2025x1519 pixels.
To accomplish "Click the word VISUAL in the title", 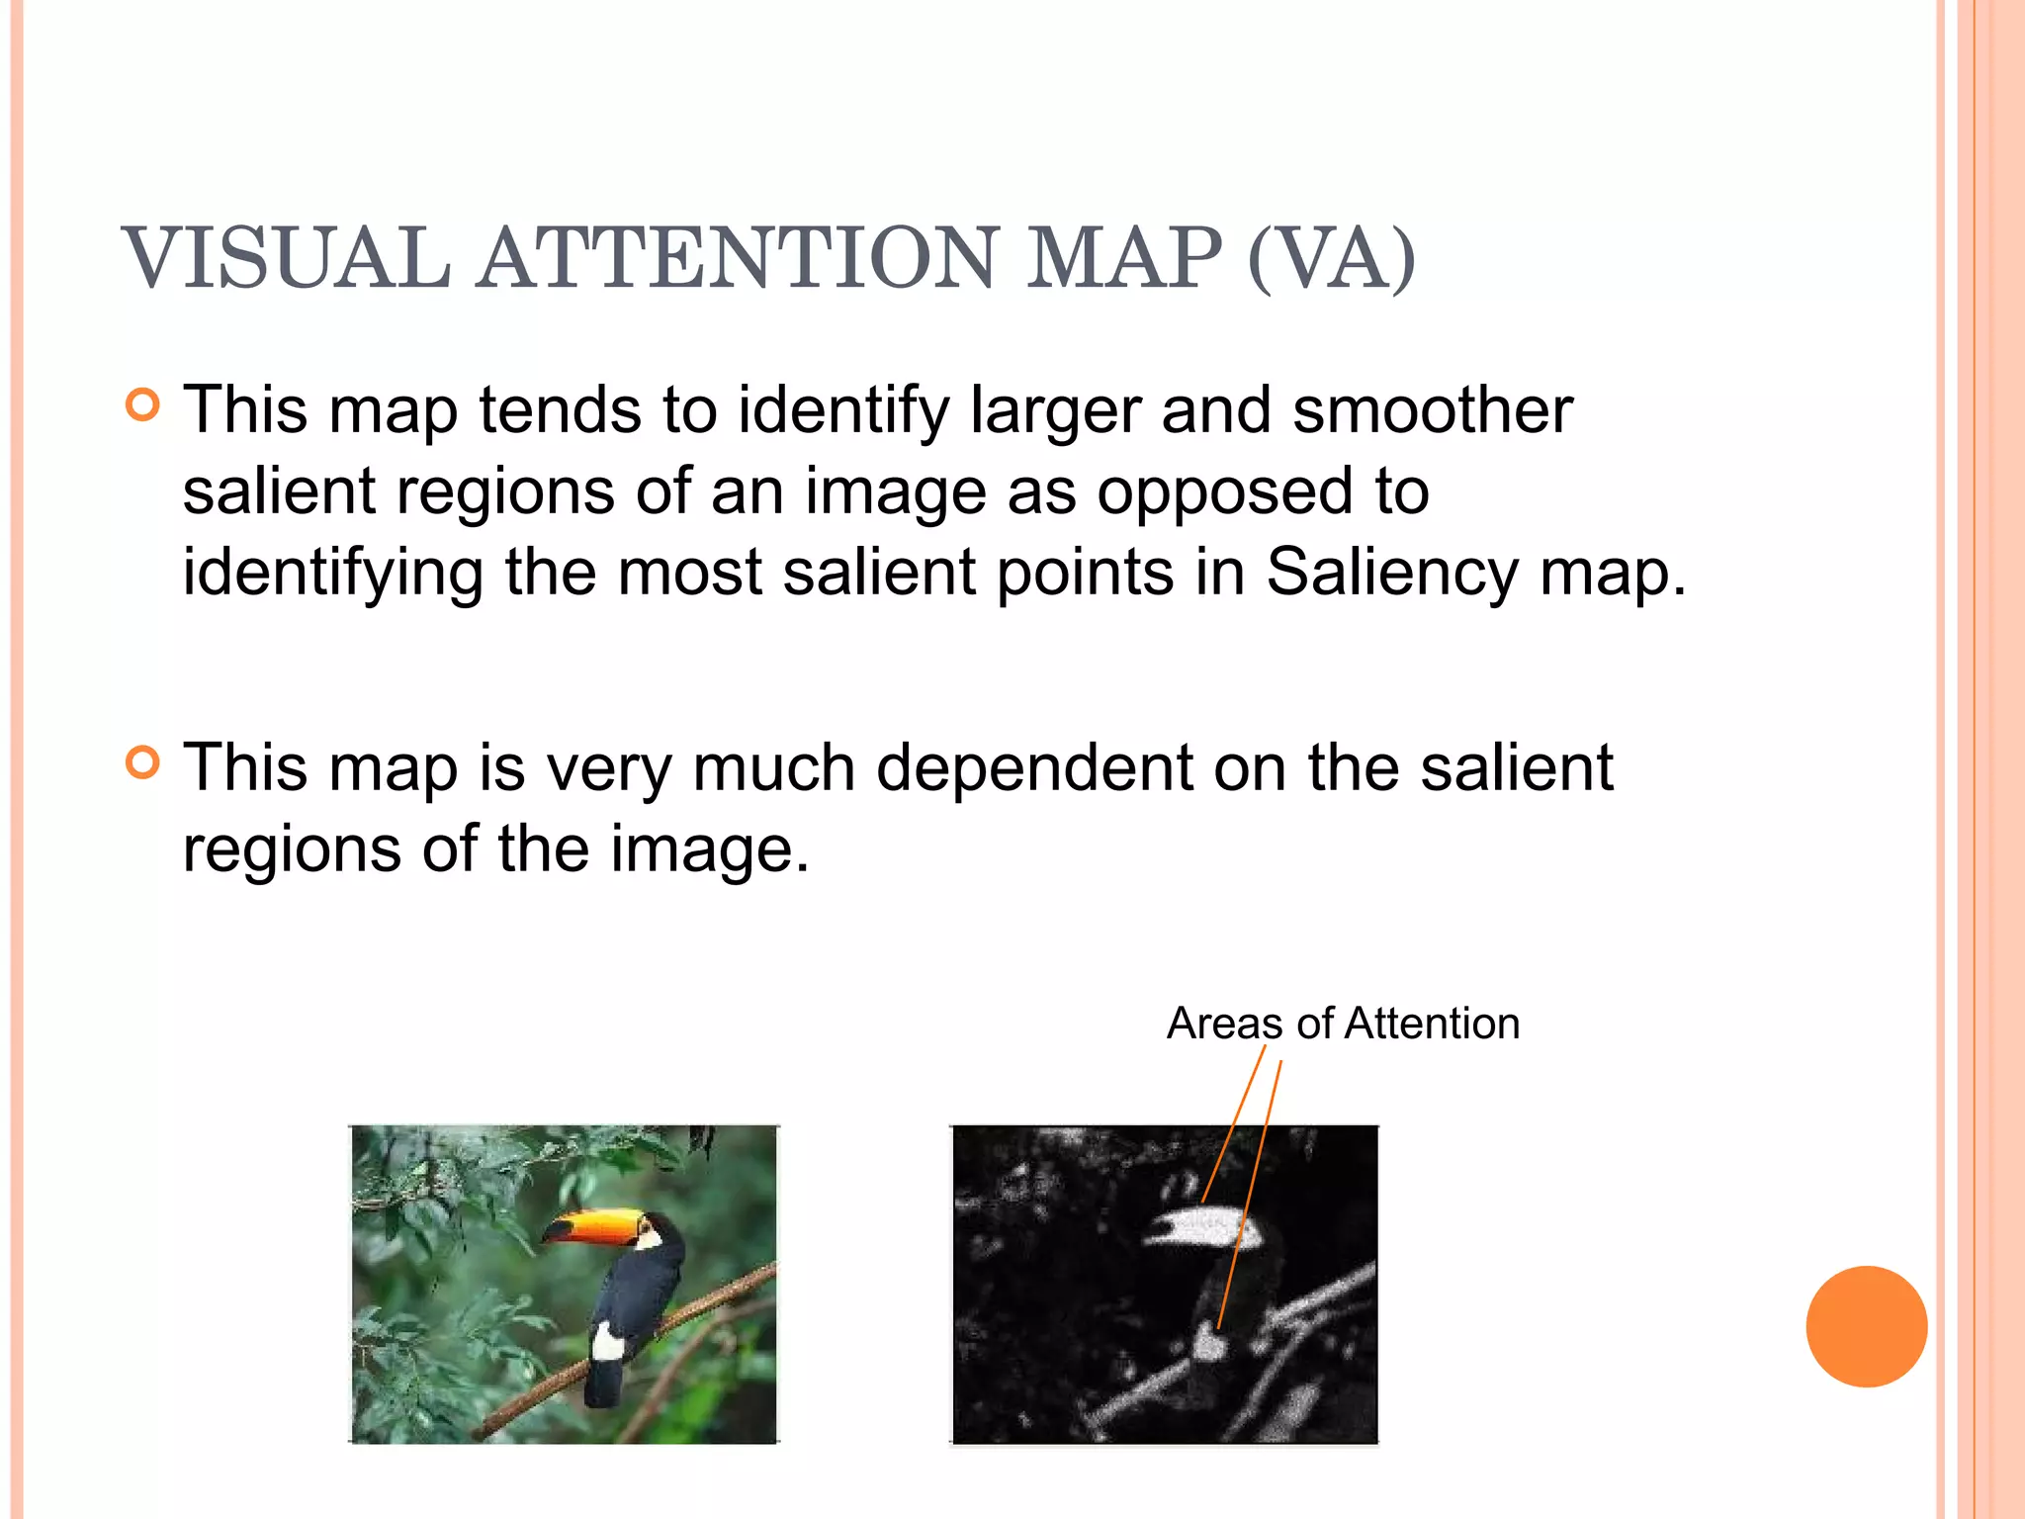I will [287, 258].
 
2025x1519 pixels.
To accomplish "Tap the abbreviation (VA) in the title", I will [1332, 258].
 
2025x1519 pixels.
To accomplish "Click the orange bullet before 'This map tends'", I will [143, 405].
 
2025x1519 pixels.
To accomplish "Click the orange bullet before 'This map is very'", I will [143, 763].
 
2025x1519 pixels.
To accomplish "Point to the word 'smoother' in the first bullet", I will [1432, 409].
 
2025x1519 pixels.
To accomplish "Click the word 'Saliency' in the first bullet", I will [1392, 572].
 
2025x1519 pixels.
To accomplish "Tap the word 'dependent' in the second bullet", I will [1034, 767].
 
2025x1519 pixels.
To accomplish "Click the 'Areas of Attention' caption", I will [1343, 1023].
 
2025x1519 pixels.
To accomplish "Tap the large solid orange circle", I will [1866, 1326].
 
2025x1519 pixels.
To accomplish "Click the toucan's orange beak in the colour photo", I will [593, 1226].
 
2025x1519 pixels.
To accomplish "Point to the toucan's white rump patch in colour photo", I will [605, 1343].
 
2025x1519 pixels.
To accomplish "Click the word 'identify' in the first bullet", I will [842, 409].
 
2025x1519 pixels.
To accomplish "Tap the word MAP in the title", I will [1123, 258].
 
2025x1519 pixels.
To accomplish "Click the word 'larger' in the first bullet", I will [1055, 409].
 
